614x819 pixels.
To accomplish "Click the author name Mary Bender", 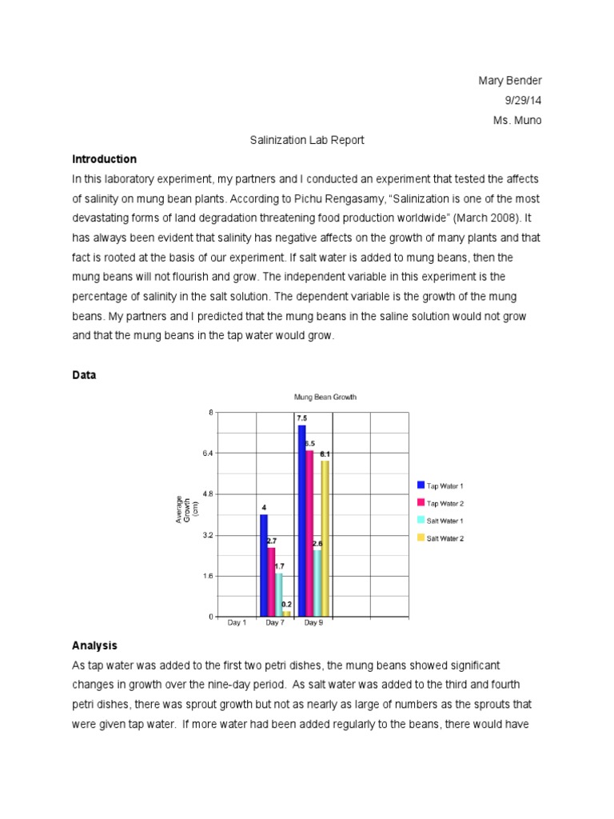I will pos(509,81).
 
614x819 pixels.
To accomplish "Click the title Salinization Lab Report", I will pos(306,140).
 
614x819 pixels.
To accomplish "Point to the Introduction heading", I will pos(104,159).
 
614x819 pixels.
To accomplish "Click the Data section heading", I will pos(84,374).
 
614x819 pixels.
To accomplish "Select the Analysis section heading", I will pos(94,645).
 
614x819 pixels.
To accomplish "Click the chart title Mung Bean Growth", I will pos(325,397).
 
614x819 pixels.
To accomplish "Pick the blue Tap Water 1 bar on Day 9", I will pos(301,520).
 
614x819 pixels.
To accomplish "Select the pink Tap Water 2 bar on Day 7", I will pos(271,581).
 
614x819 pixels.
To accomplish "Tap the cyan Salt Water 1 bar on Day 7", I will pos(278,594).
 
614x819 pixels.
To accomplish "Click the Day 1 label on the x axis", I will pos(237,623).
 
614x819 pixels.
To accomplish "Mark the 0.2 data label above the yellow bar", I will pos(286,605).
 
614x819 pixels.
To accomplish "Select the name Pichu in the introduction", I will pos(370,198).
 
